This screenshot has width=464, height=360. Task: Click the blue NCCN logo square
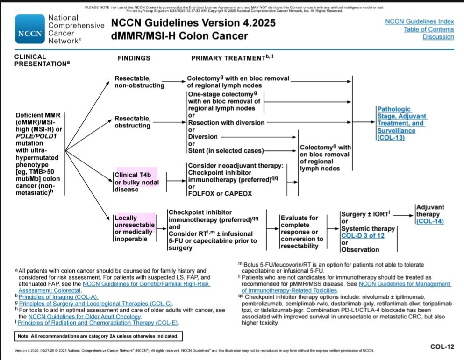click(x=30, y=29)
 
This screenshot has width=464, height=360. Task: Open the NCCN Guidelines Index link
click(x=419, y=21)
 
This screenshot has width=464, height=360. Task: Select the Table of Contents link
click(x=428, y=29)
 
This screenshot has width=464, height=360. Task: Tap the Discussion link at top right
click(x=438, y=37)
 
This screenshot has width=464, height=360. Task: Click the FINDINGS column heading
click(x=134, y=58)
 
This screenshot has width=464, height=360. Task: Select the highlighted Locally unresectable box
click(x=134, y=228)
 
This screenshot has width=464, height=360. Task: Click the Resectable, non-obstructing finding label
click(x=139, y=82)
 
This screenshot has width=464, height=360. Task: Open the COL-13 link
click(x=391, y=138)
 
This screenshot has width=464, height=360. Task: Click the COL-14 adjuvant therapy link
click(x=429, y=221)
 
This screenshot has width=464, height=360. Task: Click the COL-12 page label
click(x=442, y=346)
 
